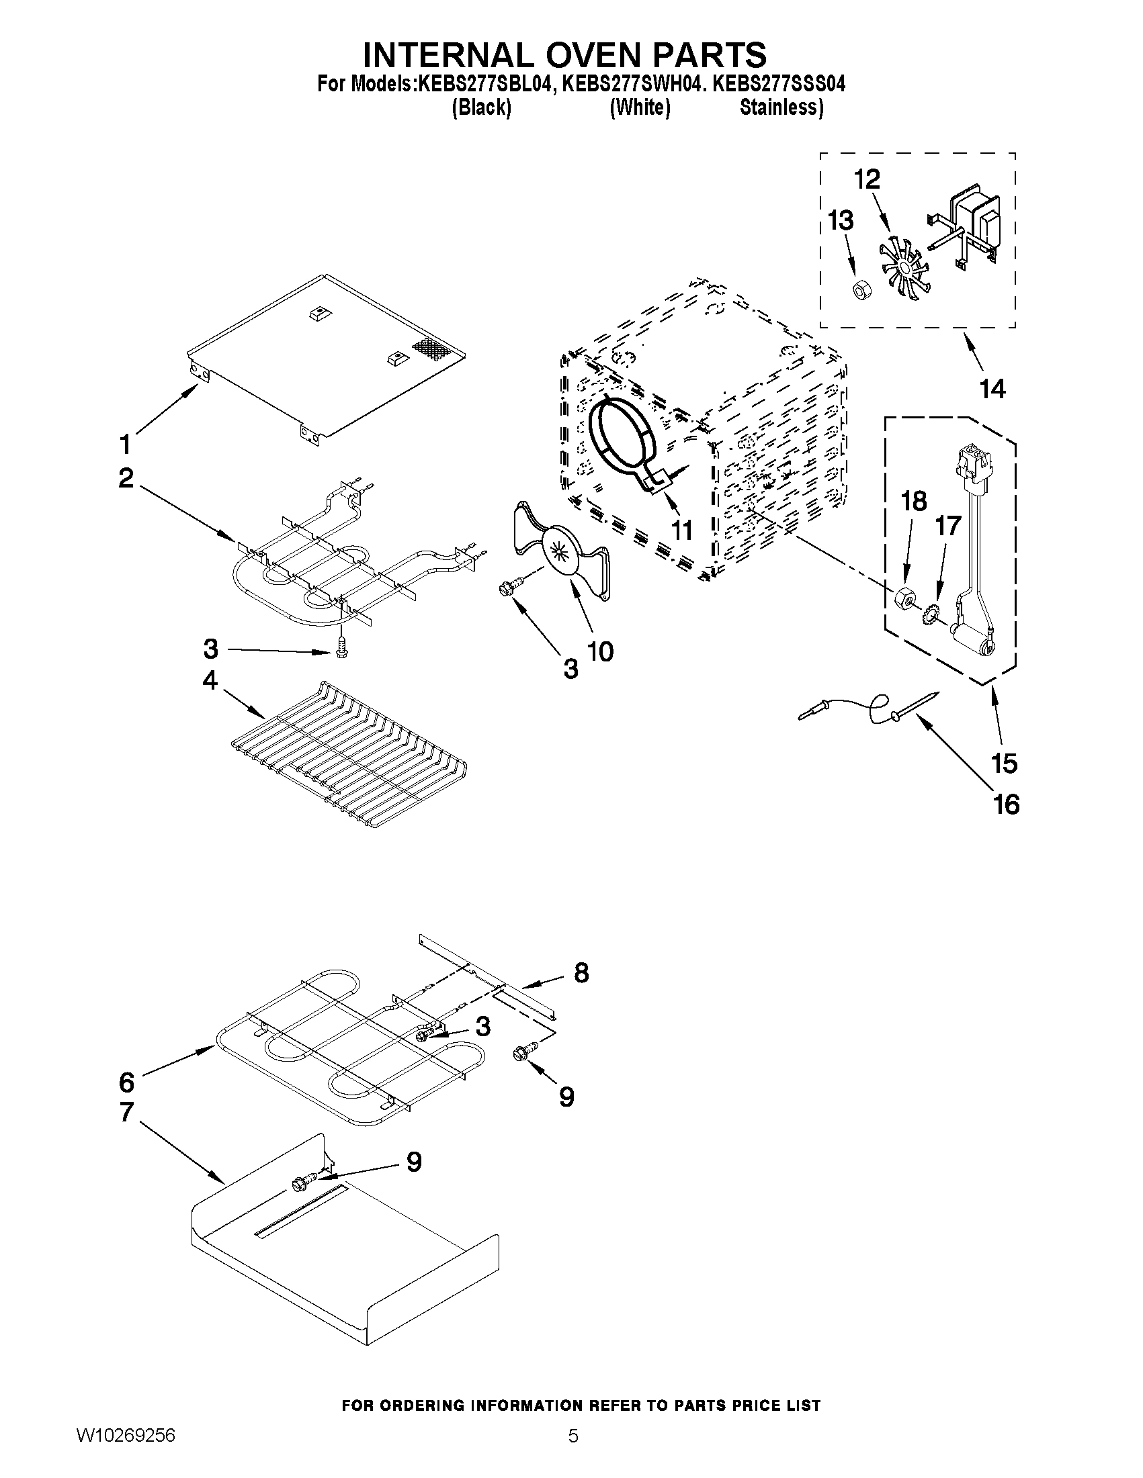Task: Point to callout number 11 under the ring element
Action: [681, 530]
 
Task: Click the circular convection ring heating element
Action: [622, 441]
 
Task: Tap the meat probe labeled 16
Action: [870, 708]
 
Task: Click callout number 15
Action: [1003, 763]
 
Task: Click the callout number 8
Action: [581, 972]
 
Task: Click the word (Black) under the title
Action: [481, 107]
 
